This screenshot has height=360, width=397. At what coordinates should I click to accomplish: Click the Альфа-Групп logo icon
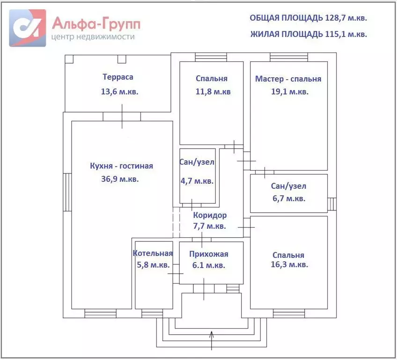point(28,28)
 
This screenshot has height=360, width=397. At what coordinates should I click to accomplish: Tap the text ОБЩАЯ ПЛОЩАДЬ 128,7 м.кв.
point(309,18)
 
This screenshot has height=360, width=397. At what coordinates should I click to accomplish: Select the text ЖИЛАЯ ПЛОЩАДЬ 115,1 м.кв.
point(309,34)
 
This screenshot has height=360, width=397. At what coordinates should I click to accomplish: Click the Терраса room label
point(118,77)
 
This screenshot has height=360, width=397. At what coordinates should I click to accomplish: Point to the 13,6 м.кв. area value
point(120,92)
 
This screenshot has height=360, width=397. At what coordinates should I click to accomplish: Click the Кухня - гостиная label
point(121,165)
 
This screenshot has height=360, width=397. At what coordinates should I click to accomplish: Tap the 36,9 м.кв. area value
point(120,179)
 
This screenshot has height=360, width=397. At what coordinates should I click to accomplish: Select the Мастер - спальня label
point(288,79)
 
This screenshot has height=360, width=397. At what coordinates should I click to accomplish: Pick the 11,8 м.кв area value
point(213,92)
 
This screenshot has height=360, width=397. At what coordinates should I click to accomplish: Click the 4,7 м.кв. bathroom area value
point(197,181)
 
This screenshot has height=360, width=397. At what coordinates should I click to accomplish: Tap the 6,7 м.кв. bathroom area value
point(288,198)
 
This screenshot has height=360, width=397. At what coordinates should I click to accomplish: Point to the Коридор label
point(210,215)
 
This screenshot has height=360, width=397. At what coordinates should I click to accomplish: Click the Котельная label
point(153,254)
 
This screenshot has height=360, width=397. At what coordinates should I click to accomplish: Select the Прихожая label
point(209,254)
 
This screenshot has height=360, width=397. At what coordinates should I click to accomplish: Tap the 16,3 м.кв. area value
point(289,265)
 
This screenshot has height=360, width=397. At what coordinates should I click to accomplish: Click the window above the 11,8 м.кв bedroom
point(211,57)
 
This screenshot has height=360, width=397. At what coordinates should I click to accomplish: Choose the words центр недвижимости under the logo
point(94,37)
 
